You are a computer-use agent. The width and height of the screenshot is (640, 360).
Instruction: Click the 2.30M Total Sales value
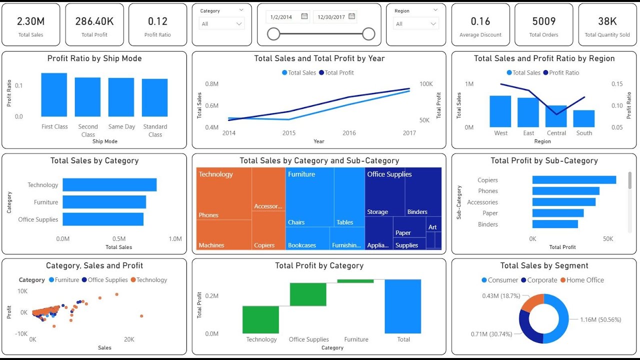(x=30, y=21)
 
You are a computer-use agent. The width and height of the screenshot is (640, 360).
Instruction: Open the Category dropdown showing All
(x=222, y=23)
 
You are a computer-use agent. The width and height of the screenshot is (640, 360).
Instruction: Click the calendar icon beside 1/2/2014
(x=304, y=16)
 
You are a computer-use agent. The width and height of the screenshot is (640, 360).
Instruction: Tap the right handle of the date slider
(x=368, y=34)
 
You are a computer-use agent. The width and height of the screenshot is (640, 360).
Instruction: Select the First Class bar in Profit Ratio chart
(x=54, y=94)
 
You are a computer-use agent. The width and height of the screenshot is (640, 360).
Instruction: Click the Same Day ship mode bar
(x=121, y=97)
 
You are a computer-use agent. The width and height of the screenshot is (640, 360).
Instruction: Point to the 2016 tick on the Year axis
(x=349, y=133)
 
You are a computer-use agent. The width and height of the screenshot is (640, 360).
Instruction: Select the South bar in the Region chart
(x=583, y=118)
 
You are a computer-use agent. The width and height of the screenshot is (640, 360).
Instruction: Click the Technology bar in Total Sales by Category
(x=109, y=184)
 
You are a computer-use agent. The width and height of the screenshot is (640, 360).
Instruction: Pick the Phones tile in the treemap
(x=223, y=195)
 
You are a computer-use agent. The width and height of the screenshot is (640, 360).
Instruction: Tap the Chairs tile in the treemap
(x=309, y=200)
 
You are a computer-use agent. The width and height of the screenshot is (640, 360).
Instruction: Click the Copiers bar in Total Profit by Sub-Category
(x=574, y=180)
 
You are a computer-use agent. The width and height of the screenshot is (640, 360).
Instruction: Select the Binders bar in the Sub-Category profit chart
(x=555, y=224)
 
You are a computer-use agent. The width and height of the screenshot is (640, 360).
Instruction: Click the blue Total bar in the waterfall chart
(x=403, y=306)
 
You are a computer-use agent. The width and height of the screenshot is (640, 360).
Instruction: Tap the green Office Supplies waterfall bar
(x=308, y=294)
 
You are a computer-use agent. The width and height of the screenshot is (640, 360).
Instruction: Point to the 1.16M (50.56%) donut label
(x=600, y=319)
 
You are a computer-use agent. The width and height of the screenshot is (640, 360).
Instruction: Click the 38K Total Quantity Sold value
(x=607, y=21)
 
